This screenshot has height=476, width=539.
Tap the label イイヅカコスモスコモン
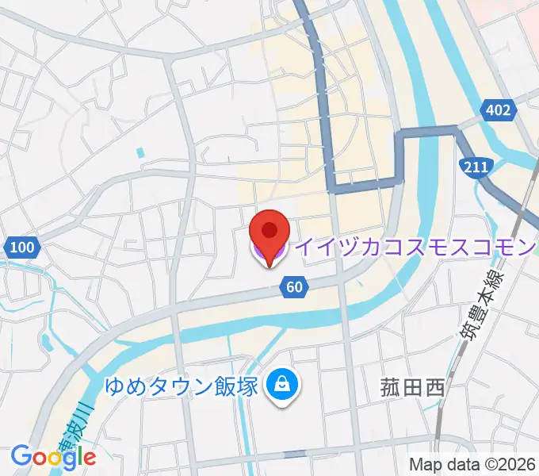416,248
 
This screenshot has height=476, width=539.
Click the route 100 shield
23,248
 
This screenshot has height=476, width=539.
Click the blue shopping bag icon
281,386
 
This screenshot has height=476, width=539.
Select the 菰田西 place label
411,388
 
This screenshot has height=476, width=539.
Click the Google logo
53,456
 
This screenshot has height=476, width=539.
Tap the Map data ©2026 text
472,464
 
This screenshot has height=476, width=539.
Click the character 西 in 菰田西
433,388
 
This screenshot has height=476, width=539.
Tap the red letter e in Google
89,458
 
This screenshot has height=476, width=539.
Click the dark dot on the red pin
269,229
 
